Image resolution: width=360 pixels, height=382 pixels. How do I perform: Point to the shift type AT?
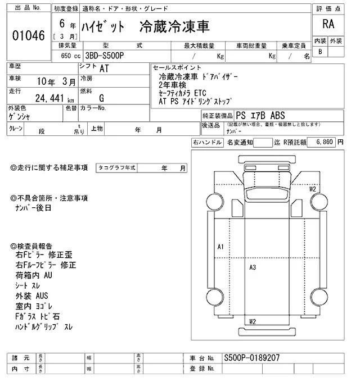click(105, 69)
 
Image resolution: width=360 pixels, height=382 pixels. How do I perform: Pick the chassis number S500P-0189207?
click(251, 358)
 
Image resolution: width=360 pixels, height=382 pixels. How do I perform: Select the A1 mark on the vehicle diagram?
click(220, 247)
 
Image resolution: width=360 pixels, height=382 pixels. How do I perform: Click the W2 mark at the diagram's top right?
click(312, 189)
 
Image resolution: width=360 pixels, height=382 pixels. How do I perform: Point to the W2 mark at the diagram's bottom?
click(253, 321)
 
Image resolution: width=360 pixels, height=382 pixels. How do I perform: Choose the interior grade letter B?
click(321, 52)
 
